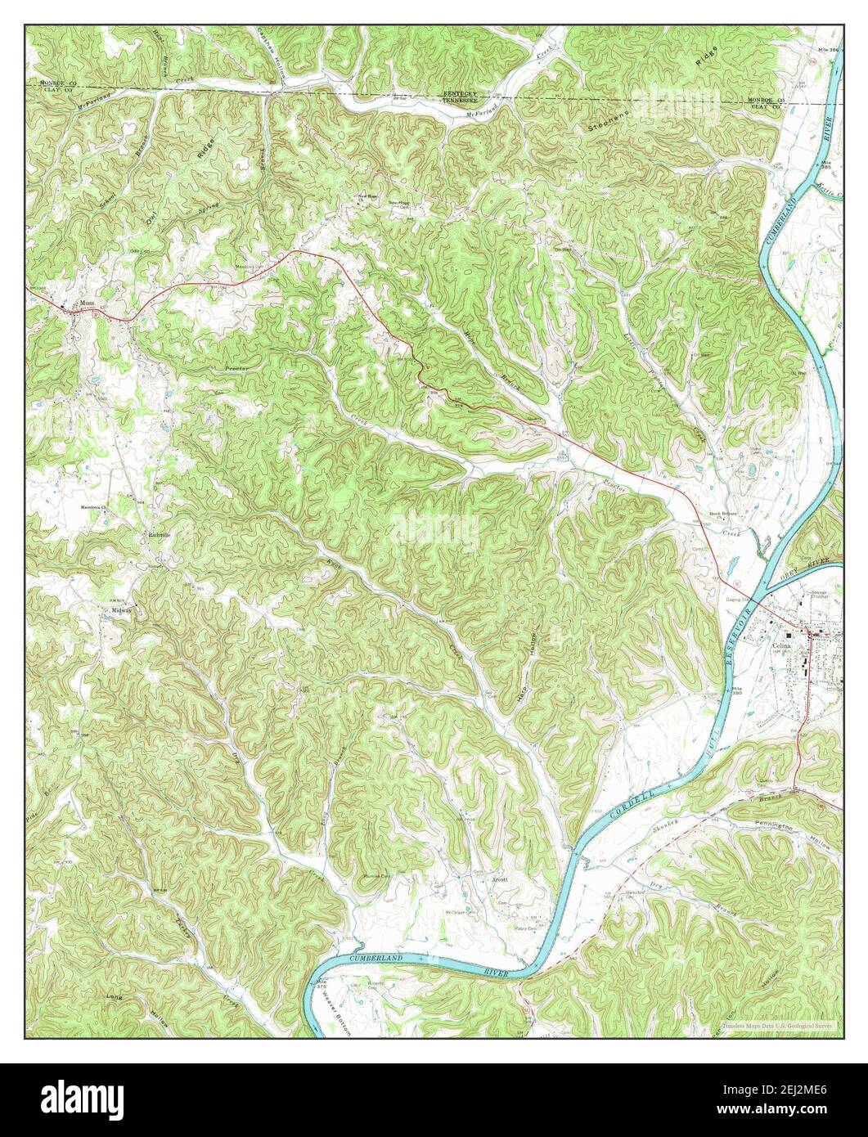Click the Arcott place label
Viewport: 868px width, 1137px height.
(x=499, y=880)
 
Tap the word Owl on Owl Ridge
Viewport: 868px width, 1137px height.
(x=151, y=218)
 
